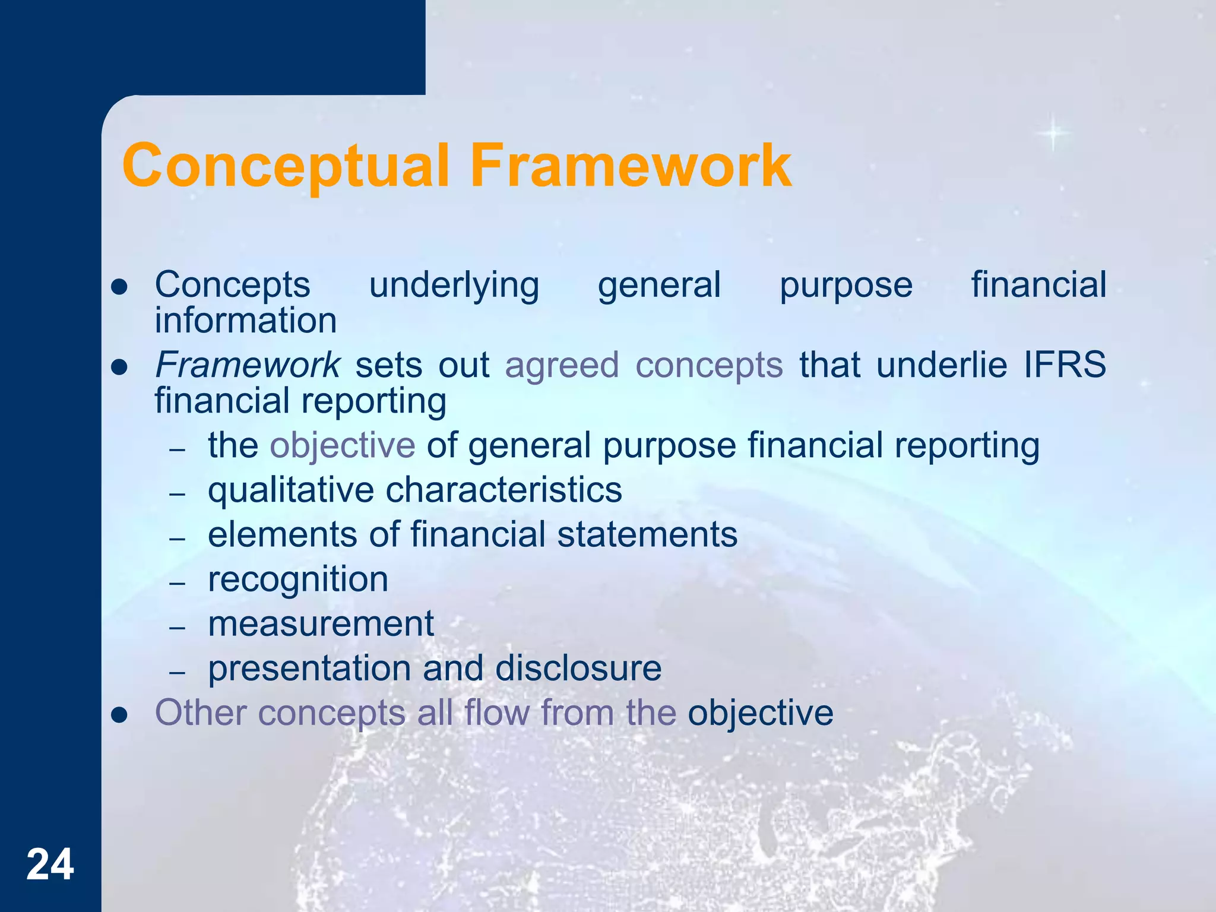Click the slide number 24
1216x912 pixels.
tap(50, 864)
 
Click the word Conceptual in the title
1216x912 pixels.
tap(285, 166)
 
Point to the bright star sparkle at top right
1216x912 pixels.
tap(1053, 132)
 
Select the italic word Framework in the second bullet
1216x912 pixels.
tap(247, 364)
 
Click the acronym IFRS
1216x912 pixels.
tap(1065, 364)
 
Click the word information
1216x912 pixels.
tap(246, 321)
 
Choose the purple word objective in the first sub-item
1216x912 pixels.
tap(343, 446)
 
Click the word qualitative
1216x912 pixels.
tap(290, 491)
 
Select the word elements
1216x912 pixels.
tap(282, 534)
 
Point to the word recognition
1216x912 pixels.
tap(298, 580)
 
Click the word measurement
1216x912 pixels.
tap(321, 624)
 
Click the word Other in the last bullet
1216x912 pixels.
tap(201, 712)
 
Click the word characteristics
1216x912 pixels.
tap(503, 490)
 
